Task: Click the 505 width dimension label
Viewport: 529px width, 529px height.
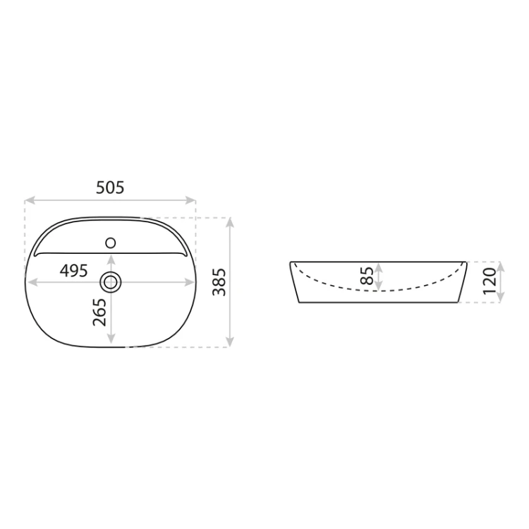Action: (110, 188)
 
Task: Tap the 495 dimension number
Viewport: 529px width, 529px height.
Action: (73, 271)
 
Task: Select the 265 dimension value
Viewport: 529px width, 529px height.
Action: (99, 312)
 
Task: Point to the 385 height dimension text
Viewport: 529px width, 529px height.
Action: (219, 282)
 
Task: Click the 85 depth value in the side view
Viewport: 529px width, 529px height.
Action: (367, 276)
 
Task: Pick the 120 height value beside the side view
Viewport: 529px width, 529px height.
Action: (490, 281)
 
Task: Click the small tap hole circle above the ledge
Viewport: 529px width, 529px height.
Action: (111, 243)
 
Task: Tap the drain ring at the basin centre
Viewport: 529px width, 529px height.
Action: (111, 282)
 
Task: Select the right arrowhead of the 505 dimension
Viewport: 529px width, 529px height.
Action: (190, 200)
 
